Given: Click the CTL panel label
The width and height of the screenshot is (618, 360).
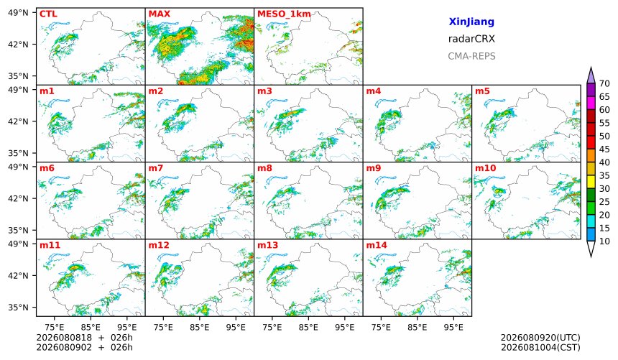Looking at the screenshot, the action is pyautogui.click(x=48, y=14).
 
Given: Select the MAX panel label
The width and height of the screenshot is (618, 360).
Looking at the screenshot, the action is pyautogui.click(x=160, y=14).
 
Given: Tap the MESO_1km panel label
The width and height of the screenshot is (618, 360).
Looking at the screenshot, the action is pyautogui.click(x=284, y=14).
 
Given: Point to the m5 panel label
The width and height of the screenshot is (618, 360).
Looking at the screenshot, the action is pyautogui.click(x=482, y=91).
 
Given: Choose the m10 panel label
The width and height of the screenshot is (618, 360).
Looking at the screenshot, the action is pyautogui.click(x=485, y=168).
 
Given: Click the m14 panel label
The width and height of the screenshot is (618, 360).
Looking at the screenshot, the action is pyautogui.click(x=377, y=245).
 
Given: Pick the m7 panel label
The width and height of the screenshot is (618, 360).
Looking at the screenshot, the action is pyautogui.click(x=156, y=168).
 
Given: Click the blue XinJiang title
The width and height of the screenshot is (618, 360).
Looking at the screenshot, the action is pyautogui.click(x=471, y=22).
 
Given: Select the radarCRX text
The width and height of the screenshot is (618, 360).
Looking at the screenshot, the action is pyautogui.click(x=471, y=39).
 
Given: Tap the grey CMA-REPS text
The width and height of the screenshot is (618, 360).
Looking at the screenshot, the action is pyautogui.click(x=471, y=56).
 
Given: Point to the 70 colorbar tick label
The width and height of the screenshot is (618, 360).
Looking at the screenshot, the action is pyautogui.click(x=604, y=83).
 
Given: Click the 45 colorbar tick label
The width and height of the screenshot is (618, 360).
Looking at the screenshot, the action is pyautogui.click(x=604, y=149).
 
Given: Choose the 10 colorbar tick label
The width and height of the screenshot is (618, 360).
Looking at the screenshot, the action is pyautogui.click(x=604, y=241).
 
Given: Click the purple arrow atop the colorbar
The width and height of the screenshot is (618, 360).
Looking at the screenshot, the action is pyautogui.click(x=591, y=75).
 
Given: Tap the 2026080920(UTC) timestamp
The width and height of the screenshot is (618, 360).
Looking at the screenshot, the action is pyautogui.click(x=540, y=338).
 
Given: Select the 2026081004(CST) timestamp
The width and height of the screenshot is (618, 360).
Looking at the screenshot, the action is pyautogui.click(x=540, y=347).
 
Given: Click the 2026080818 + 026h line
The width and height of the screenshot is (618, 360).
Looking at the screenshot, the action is pyautogui.click(x=84, y=338).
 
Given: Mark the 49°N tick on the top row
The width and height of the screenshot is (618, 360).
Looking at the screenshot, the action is pyautogui.click(x=18, y=13).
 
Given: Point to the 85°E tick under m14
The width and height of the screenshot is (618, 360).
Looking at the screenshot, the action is pyautogui.click(x=418, y=327).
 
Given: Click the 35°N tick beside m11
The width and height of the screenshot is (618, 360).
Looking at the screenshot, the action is pyautogui.click(x=18, y=307).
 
